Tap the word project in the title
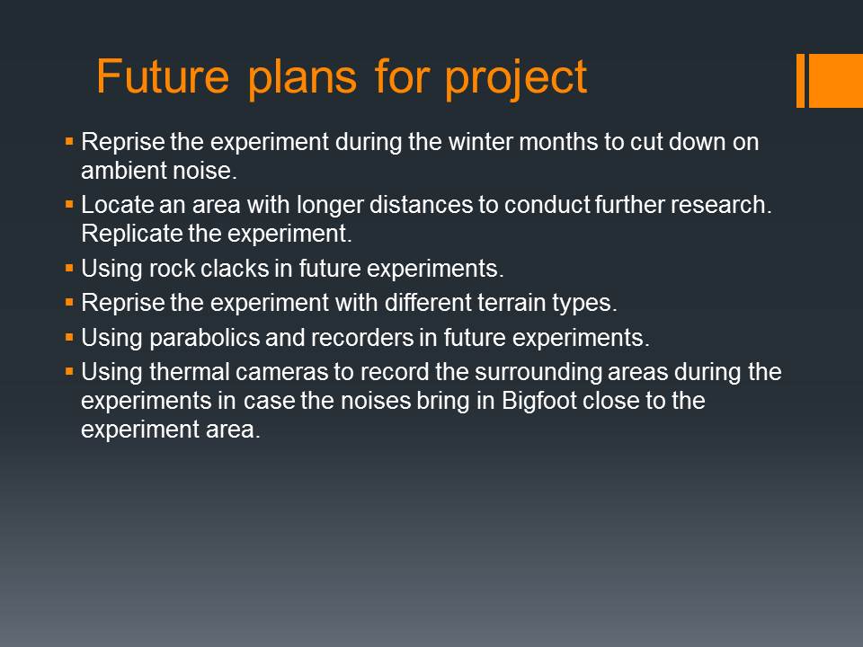pyautogui.click(x=516, y=80)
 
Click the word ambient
pyautogui.click(x=116, y=171)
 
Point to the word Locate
pyautogui.click(x=117, y=205)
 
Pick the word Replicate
pyautogui.click(x=132, y=235)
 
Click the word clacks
pyautogui.click(x=235, y=269)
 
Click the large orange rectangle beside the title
pyautogui.click(x=835, y=80)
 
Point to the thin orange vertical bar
pyautogui.click(x=801, y=80)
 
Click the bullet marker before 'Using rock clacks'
pyautogui.click(x=69, y=269)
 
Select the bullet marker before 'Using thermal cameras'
pyautogui.click(x=69, y=372)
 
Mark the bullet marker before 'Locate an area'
pyautogui.click(x=69, y=205)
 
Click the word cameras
pyautogui.click(x=281, y=372)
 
